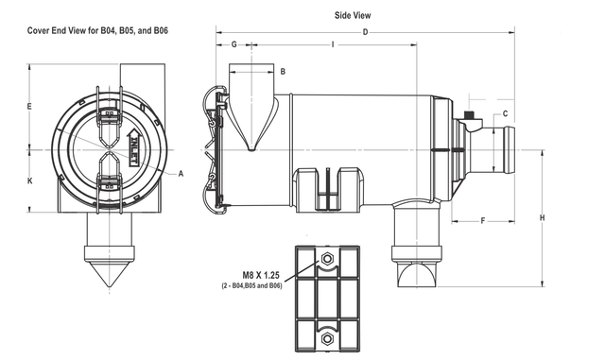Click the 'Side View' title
(x=353, y=15)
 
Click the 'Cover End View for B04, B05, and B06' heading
(x=97, y=30)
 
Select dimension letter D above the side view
(x=366, y=32)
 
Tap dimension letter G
(x=233, y=44)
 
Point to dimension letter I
(x=333, y=44)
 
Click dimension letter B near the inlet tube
(x=283, y=72)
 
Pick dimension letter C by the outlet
(x=505, y=113)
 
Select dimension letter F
(x=483, y=221)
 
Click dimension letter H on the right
(x=542, y=218)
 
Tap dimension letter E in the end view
(x=29, y=107)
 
